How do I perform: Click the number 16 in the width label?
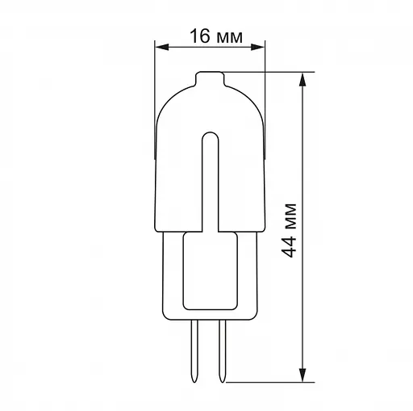[x=199, y=36]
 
